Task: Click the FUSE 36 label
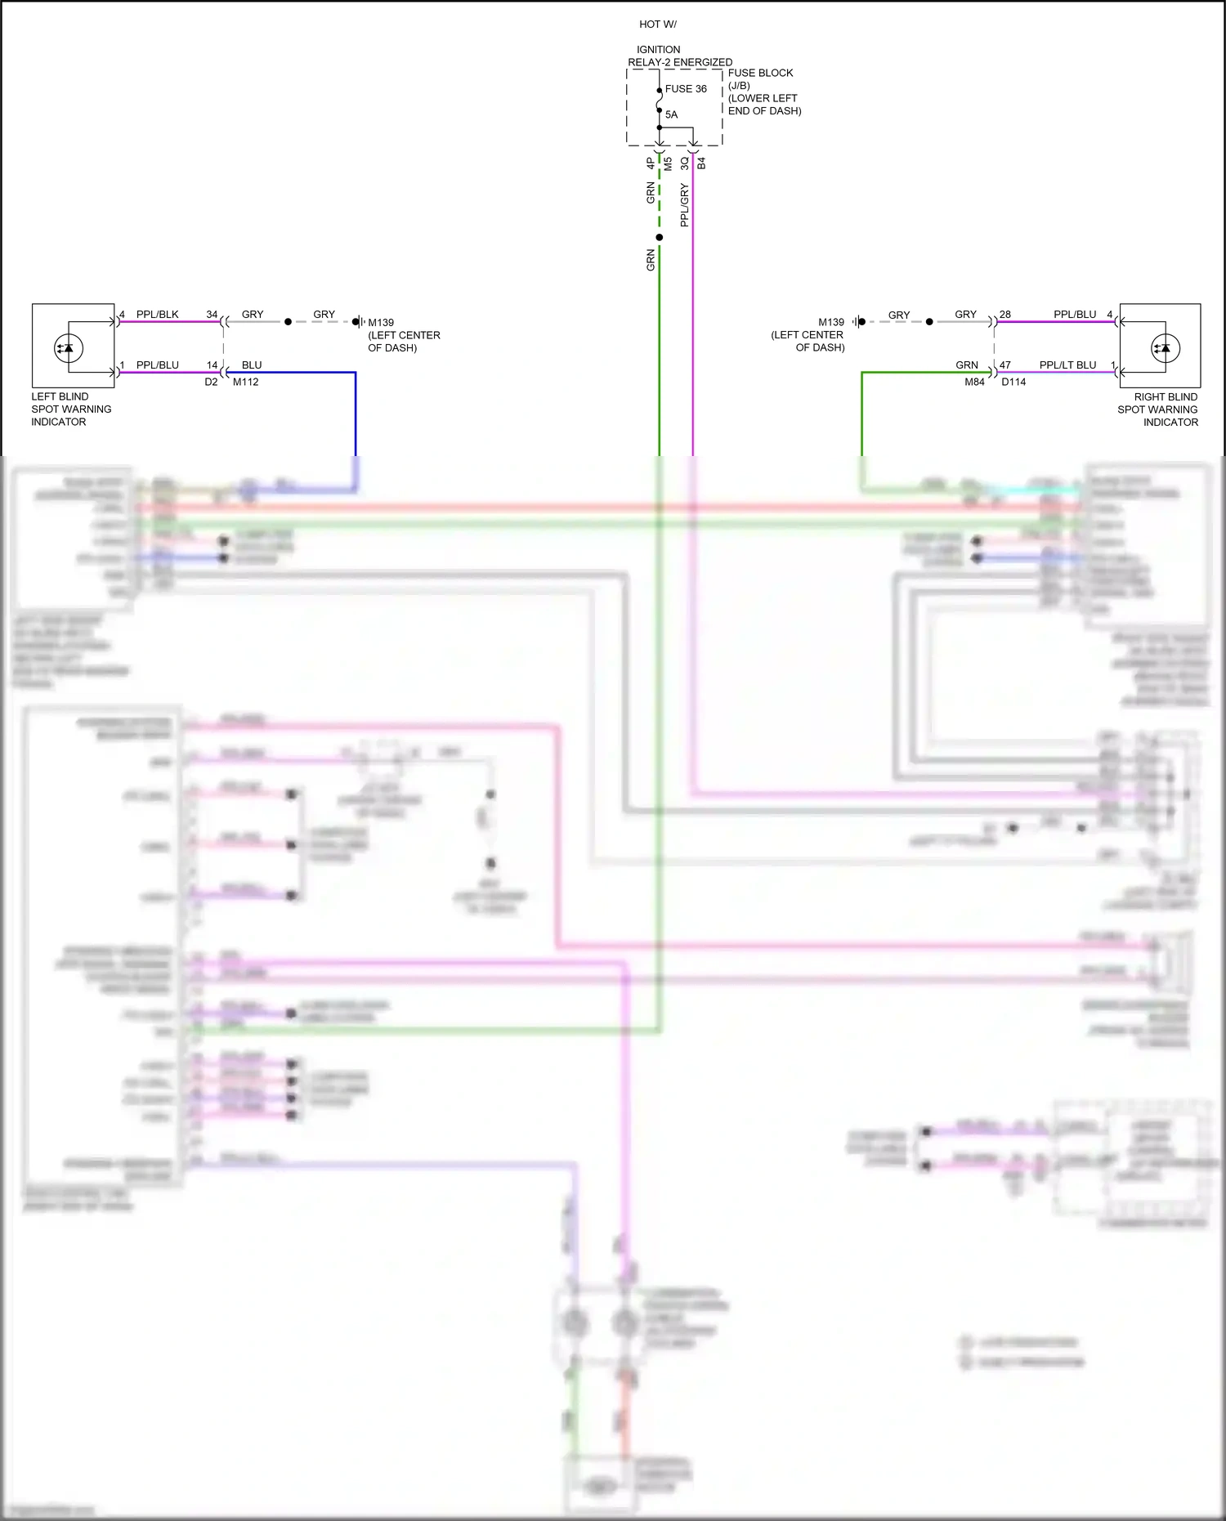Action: [x=685, y=89]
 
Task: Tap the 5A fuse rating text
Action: [x=671, y=114]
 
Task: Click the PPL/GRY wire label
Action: [x=684, y=204]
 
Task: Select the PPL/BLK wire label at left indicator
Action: [x=157, y=315]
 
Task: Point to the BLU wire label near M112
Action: [x=252, y=365]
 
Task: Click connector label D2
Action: [x=211, y=382]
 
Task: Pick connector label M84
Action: [x=974, y=382]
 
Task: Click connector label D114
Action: [x=1013, y=382]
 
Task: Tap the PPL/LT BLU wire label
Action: [x=1067, y=365]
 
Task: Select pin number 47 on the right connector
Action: [x=1005, y=365]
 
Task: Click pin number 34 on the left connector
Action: [x=212, y=315]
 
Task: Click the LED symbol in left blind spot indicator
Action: [x=66, y=348]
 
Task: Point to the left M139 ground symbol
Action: [x=358, y=322]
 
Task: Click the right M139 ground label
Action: [x=830, y=322]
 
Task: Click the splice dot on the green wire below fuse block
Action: [x=660, y=238]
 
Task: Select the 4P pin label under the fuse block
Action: [x=651, y=163]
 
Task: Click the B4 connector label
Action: [x=701, y=163]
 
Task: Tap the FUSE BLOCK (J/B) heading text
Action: [x=760, y=79]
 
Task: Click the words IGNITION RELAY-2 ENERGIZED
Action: [x=679, y=56]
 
